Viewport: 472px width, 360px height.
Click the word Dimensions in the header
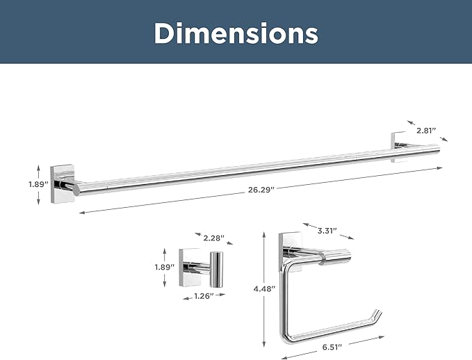coord(236,33)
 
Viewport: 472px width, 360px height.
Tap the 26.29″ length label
coord(261,190)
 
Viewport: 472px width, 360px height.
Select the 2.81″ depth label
coord(426,131)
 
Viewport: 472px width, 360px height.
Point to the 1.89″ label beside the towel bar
coord(38,184)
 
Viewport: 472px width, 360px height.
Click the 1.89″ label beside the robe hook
coord(165,267)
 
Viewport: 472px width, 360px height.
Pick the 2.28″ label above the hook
coord(213,238)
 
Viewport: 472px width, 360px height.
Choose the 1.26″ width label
coord(204,296)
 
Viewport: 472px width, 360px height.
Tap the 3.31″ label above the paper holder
coord(327,231)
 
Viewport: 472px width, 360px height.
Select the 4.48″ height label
coord(264,289)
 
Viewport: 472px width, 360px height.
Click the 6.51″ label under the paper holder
coord(332,347)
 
